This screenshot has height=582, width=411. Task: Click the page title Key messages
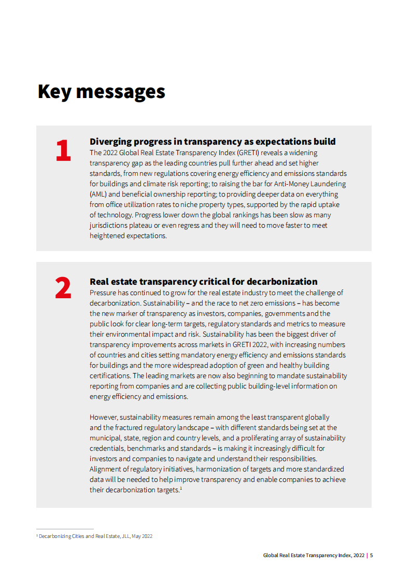tap(101, 91)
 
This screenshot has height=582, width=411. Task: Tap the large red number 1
tap(63, 150)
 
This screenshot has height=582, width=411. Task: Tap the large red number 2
tap(63, 289)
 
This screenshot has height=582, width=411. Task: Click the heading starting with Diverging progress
tap(212, 142)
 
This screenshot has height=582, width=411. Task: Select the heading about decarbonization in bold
tap(203, 282)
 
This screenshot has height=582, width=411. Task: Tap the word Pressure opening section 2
tap(104, 293)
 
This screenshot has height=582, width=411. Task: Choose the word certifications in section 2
tap(110, 376)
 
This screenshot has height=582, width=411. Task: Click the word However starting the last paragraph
tap(104, 418)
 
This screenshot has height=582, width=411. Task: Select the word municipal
tap(106, 438)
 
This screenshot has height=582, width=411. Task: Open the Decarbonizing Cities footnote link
tap(61, 536)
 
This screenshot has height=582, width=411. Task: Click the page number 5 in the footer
tap(372, 556)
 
